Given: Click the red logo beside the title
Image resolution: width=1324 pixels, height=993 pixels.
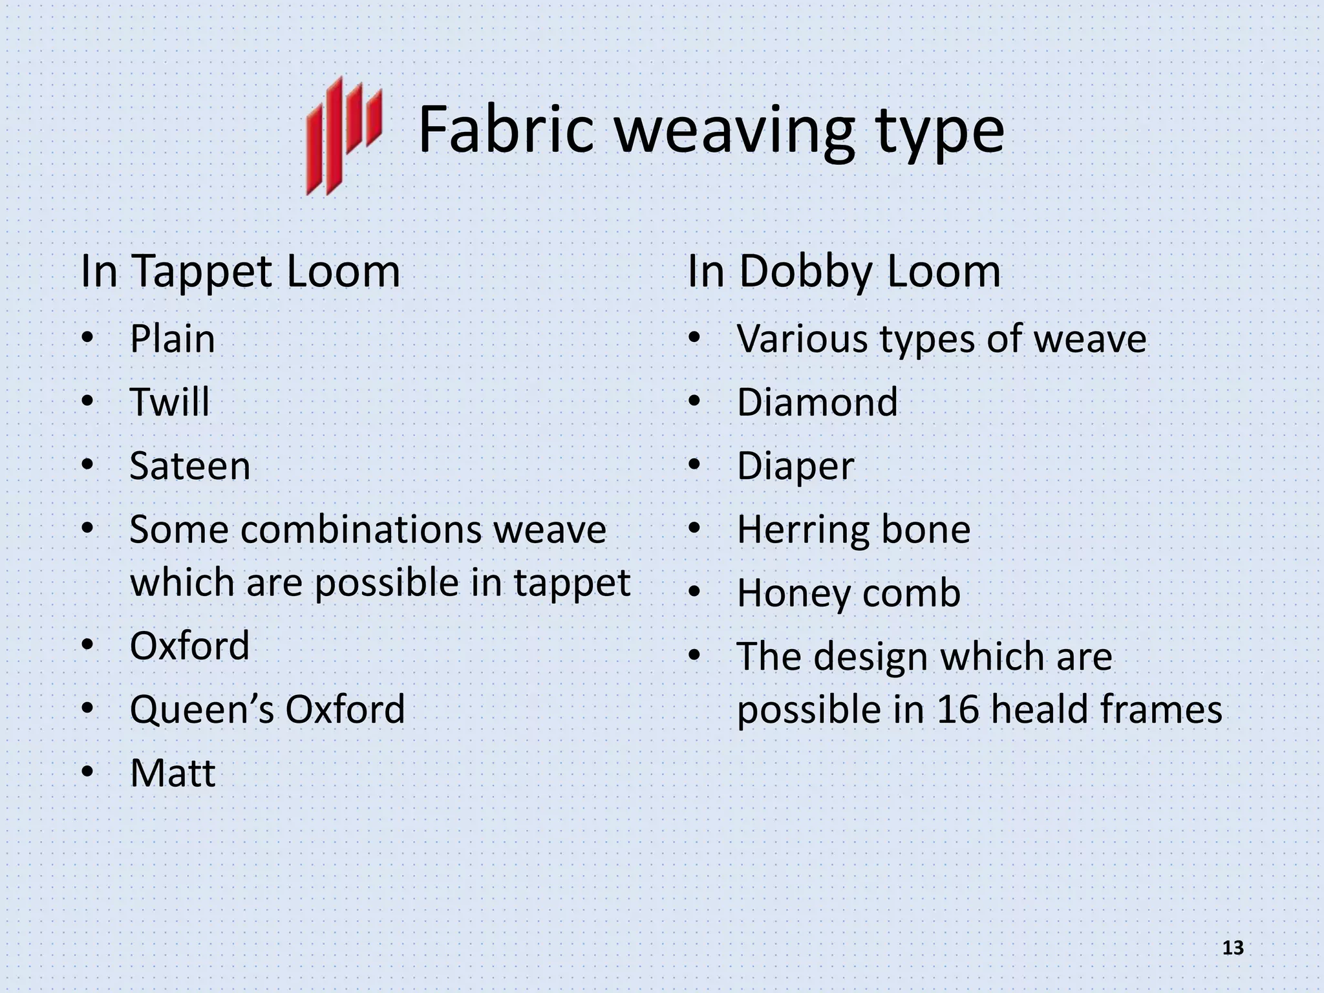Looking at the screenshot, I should [x=343, y=136].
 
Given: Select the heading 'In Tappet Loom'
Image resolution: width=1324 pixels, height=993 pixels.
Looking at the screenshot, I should [x=240, y=272].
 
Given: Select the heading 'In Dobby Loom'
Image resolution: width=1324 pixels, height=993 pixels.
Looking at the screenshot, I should [x=844, y=272].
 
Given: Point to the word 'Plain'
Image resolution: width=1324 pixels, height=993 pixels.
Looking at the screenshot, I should [x=172, y=339].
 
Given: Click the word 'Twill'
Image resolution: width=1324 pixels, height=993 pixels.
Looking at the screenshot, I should [x=169, y=402].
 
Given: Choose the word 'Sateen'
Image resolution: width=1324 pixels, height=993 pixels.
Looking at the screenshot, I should [x=189, y=466].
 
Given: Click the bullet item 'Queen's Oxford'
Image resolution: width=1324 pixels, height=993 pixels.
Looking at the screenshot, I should [x=267, y=709].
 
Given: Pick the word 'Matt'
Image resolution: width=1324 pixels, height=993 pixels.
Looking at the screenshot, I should [x=172, y=773].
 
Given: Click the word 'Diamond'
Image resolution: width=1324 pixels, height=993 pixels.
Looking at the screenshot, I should [x=817, y=402].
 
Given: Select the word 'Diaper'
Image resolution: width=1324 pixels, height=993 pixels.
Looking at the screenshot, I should [x=795, y=466].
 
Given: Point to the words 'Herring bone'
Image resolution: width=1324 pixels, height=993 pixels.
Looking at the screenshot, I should [x=853, y=529].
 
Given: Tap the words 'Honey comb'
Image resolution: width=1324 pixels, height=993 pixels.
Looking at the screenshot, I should [x=848, y=593].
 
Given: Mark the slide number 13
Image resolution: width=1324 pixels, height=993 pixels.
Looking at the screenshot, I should [x=1233, y=948].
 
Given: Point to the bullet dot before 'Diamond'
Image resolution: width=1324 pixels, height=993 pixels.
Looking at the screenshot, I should [x=694, y=401].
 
